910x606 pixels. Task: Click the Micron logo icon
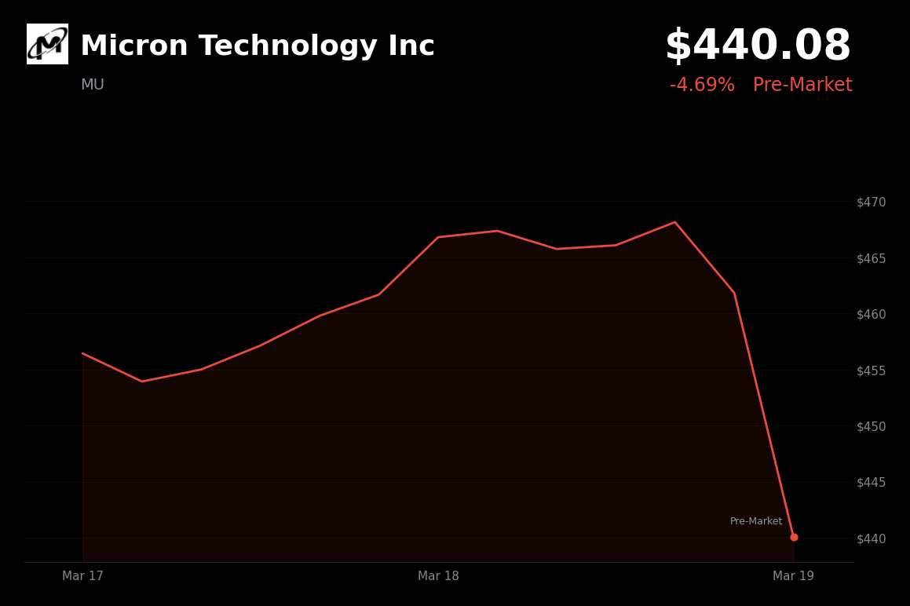(47, 44)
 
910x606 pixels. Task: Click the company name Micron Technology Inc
(257, 46)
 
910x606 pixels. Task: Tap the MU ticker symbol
(92, 85)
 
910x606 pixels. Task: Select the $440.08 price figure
(758, 46)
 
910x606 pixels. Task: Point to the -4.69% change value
(702, 86)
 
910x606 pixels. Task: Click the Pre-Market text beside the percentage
(802, 86)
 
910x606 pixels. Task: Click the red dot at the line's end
(794, 537)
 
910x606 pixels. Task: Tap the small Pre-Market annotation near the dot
(755, 521)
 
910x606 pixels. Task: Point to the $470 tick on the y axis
(871, 202)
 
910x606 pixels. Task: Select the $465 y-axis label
(871, 258)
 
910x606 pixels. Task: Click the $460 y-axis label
(871, 314)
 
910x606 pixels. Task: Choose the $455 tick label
(871, 371)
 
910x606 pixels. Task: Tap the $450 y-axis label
(871, 426)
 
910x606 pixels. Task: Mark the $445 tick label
(871, 482)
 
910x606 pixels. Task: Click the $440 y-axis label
(871, 538)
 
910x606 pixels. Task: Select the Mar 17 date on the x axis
(82, 576)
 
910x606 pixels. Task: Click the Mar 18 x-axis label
(438, 576)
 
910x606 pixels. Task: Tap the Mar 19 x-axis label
(793, 576)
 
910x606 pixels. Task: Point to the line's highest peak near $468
(674, 222)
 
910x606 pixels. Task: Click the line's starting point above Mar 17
(83, 353)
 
